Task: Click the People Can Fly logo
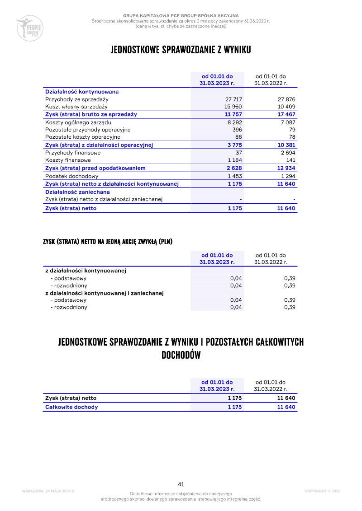pos(29,28)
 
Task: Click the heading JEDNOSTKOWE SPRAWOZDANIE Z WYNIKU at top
pos(181,50)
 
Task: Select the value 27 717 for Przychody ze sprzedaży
pos(233,99)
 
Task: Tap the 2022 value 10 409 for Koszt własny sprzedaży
pos(286,107)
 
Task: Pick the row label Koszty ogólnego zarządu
pos(78,122)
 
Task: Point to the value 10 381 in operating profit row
pos(286,145)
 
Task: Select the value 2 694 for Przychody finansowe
pos(287,153)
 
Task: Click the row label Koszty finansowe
pos(68,160)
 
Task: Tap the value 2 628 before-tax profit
pos(234,168)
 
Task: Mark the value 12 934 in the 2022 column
pos(286,168)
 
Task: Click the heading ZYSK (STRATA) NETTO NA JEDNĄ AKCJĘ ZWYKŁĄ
pos(108,242)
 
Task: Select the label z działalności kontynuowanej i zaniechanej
pos(104,293)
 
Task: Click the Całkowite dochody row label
pos(71,407)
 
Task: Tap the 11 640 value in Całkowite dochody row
pos(286,407)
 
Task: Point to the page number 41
pos(181,484)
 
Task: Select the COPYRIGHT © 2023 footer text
pos(322,491)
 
